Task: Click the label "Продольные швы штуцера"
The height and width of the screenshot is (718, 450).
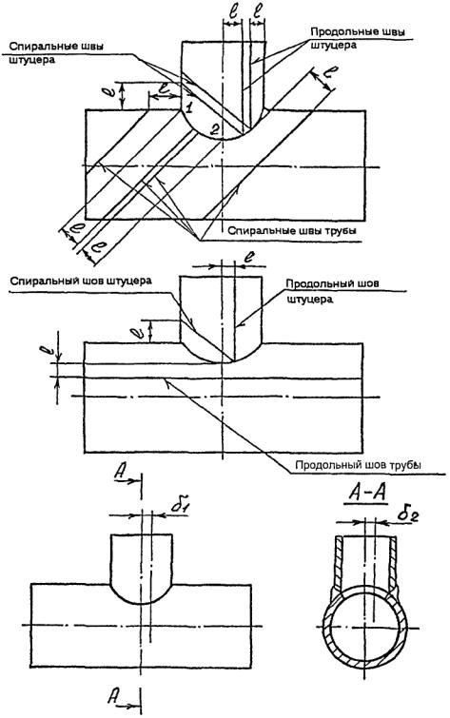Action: pyautogui.click(x=358, y=38)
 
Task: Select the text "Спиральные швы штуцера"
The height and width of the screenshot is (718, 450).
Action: pyautogui.click(x=56, y=53)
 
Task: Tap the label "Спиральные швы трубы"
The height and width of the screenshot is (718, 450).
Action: pyautogui.click(x=292, y=231)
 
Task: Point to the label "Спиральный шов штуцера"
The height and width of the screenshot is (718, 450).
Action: pyautogui.click(x=81, y=281)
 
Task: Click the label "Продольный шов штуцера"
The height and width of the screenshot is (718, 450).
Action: pyautogui.click(x=332, y=291)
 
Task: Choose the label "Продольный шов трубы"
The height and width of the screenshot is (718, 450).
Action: pyautogui.click(x=358, y=465)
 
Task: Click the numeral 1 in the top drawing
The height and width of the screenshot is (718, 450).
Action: pyautogui.click(x=188, y=108)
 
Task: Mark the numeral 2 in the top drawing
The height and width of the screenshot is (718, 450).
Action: pyautogui.click(x=214, y=129)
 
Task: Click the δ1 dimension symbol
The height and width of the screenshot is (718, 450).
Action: pyautogui.click(x=179, y=505)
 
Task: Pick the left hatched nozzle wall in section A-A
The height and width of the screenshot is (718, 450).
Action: pyautogui.click(x=338, y=562)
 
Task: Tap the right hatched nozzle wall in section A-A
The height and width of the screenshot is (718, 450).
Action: pyautogui.click(x=393, y=562)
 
